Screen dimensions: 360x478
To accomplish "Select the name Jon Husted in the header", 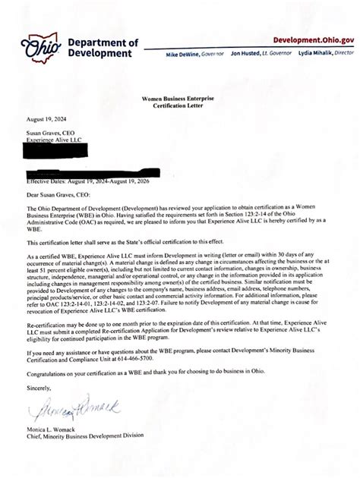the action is coord(243,55).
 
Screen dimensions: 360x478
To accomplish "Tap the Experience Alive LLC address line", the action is coord(52,140).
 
